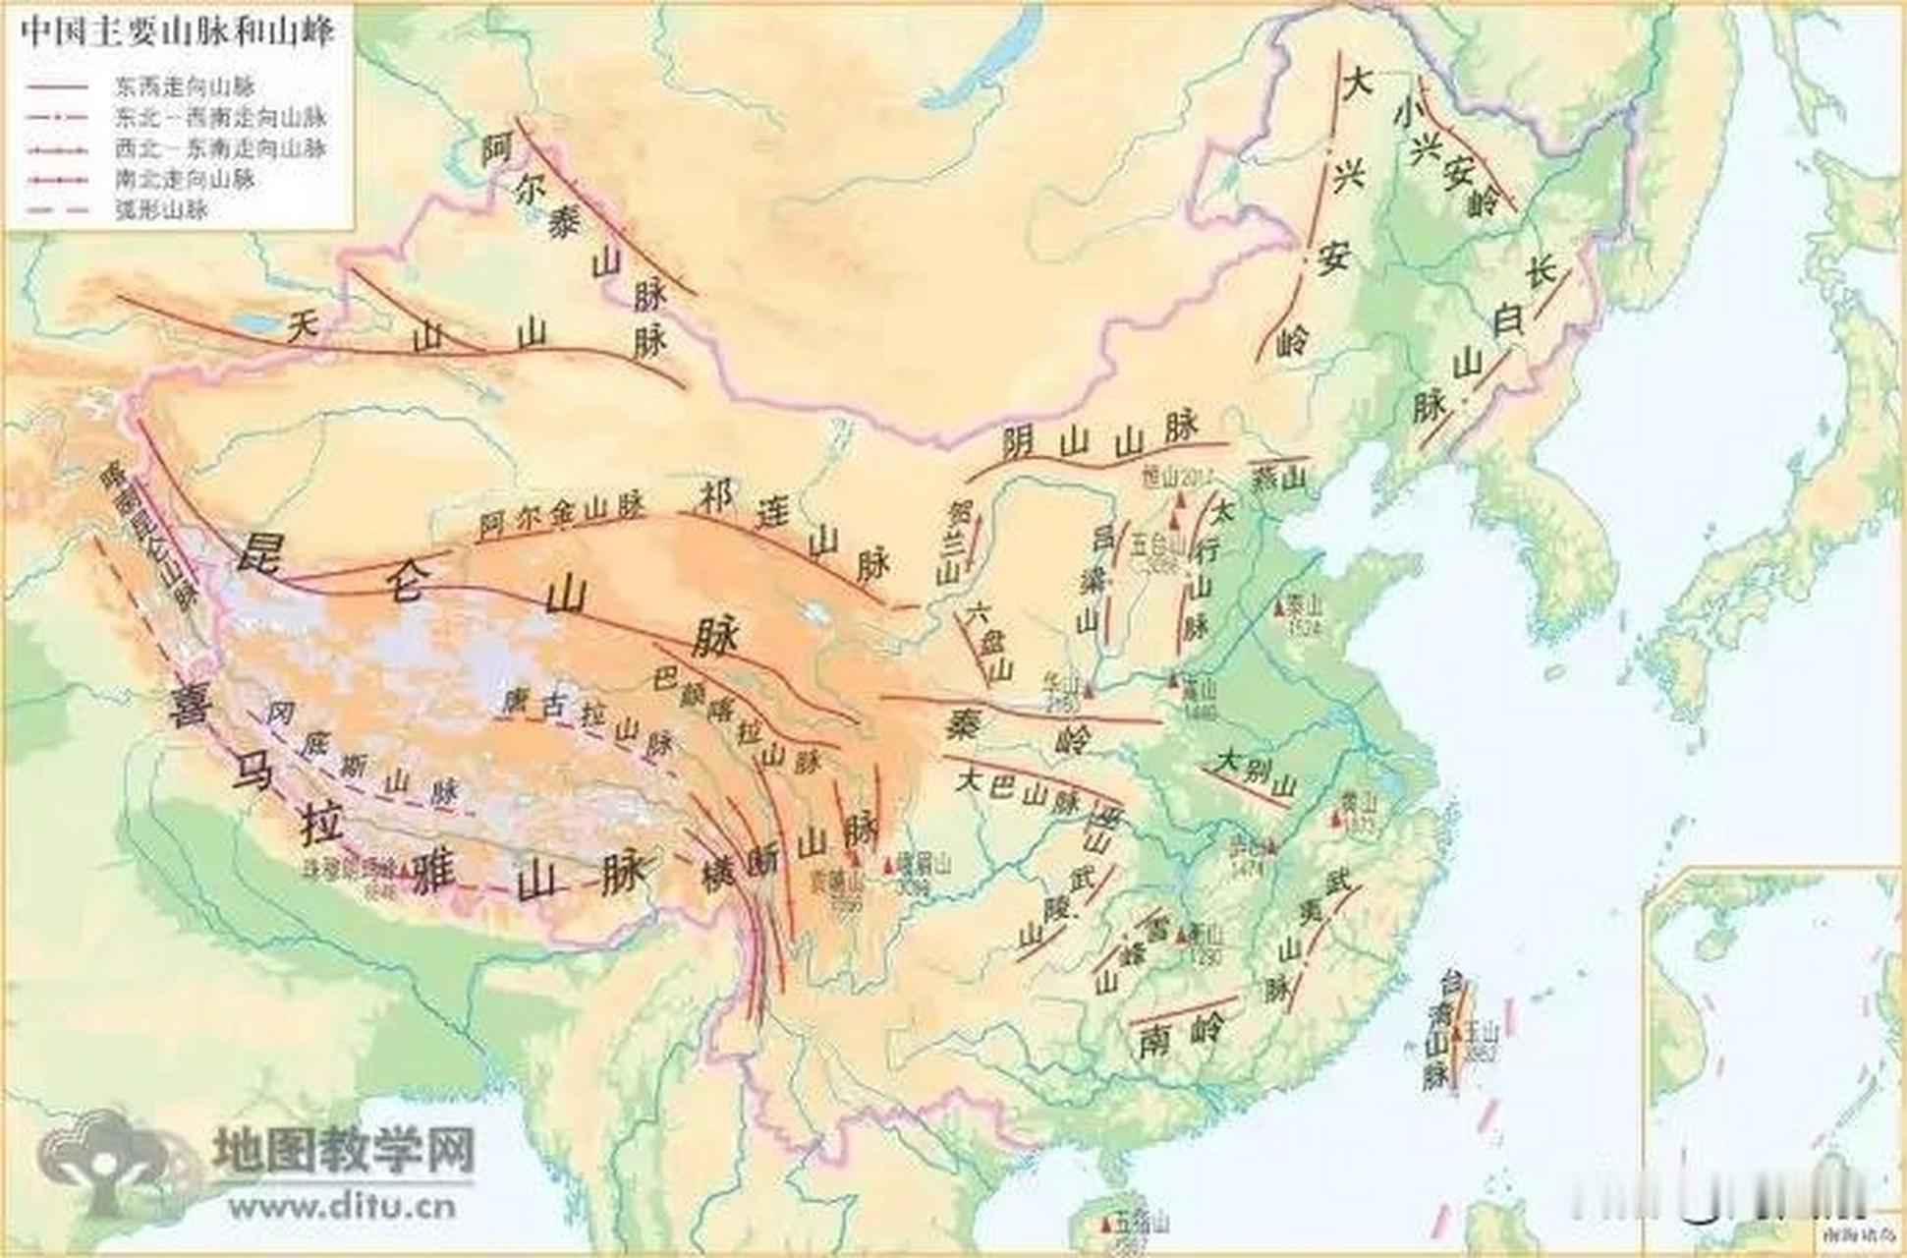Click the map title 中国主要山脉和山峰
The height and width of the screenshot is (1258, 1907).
point(178,31)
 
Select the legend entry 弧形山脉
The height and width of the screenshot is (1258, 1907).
point(161,210)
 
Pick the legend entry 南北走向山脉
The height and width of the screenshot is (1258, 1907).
point(185,180)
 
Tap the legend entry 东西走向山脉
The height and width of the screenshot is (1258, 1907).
point(185,87)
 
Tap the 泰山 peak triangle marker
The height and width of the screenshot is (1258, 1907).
point(1280,609)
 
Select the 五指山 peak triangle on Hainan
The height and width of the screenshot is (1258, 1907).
point(1106,1226)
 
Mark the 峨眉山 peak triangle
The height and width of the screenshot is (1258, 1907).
point(889,866)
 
